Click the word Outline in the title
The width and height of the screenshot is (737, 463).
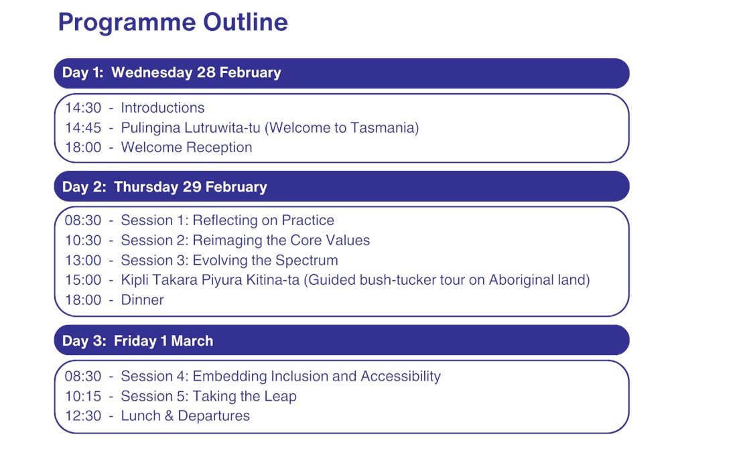[245, 21]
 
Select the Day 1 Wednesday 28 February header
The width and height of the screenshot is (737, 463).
[342, 73]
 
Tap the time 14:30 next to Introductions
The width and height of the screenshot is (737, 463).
[83, 108]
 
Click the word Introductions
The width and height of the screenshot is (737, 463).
[163, 108]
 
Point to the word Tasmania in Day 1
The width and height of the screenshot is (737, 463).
[382, 128]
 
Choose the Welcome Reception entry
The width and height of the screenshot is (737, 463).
[187, 147]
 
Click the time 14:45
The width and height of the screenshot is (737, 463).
[83, 128]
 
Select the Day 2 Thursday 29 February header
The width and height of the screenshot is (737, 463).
[342, 186]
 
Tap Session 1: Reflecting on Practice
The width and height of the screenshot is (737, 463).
[228, 220]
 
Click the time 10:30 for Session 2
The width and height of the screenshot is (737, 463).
[83, 240]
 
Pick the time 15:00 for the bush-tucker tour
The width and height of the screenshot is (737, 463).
[83, 279]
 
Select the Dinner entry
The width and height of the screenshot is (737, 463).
[143, 300]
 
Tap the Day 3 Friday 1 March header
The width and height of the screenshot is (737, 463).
[342, 340]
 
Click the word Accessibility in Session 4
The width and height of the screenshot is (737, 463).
[401, 377]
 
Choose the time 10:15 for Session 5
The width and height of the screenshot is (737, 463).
[83, 396]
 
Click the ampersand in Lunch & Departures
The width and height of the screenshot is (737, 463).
[170, 416]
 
